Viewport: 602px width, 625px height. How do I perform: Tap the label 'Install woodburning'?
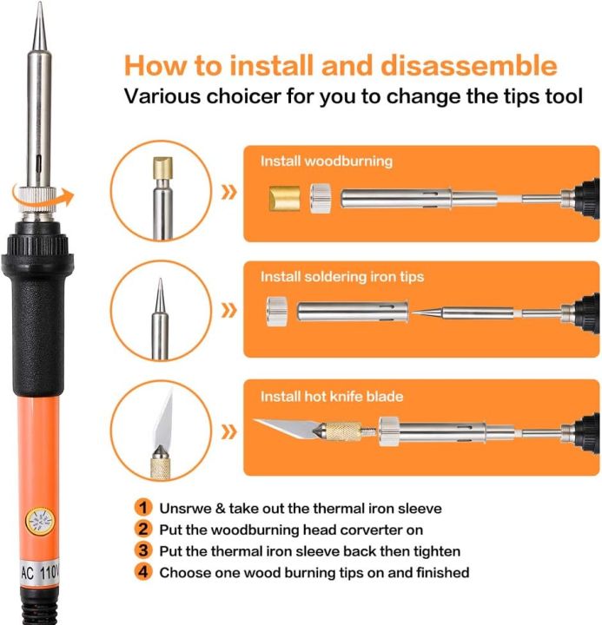(327, 161)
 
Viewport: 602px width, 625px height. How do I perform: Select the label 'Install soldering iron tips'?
(342, 277)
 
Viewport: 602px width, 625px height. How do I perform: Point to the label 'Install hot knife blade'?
(332, 397)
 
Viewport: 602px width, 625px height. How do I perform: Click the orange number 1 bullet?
(142, 508)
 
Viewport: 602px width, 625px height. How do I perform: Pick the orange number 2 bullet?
(142, 529)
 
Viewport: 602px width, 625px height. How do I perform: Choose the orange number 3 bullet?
(142, 550)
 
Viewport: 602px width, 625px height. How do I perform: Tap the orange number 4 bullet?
(142, 572)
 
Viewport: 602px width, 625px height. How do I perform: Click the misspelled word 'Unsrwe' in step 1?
(185, 508)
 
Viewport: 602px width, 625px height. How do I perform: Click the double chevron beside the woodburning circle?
(228, 191)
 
